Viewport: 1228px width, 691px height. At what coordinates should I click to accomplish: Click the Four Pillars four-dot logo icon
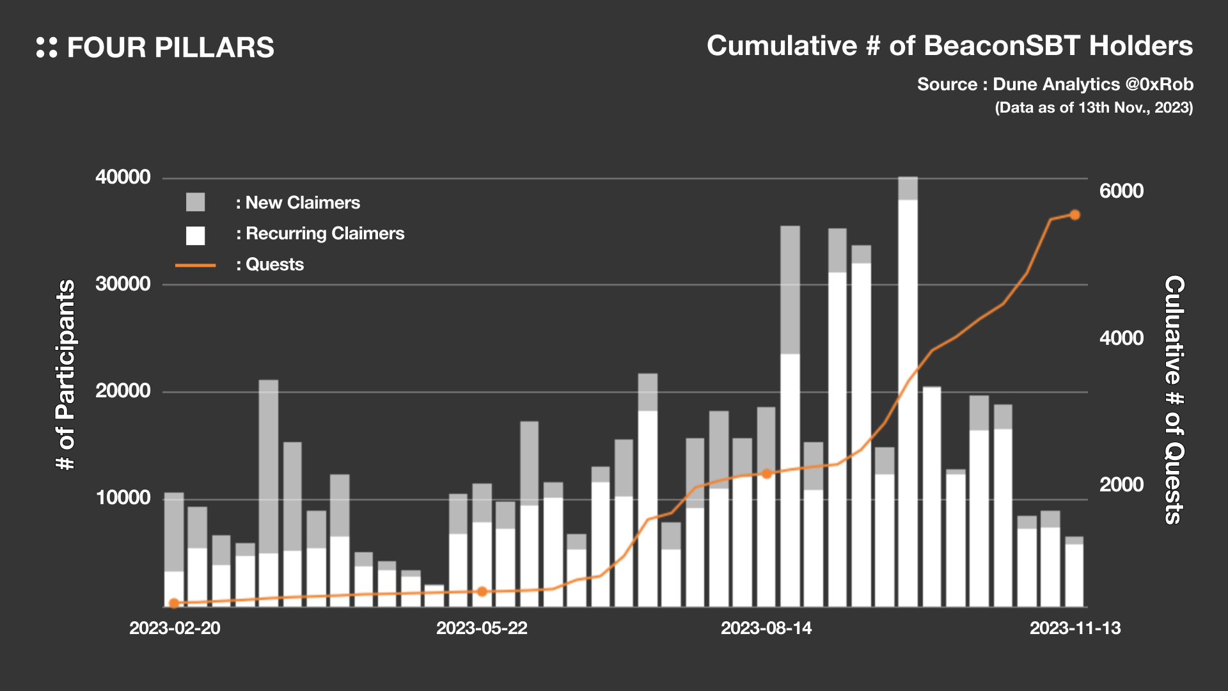[47, 47]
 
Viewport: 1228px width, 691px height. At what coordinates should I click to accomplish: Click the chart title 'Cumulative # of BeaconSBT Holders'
[949, 46]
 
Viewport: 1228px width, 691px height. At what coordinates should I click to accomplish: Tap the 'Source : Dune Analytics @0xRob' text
[1055, 84]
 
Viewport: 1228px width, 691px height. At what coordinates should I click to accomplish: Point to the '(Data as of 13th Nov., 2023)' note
[1094, 107]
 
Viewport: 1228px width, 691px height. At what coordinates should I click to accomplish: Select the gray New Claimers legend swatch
[195, 202]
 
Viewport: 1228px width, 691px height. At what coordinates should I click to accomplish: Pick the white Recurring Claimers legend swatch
[195, 235]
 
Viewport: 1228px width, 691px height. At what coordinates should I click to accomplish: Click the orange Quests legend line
[195, 265]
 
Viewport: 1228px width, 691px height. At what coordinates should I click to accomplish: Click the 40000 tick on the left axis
[123, 177]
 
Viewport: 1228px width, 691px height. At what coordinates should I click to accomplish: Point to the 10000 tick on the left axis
[123, 498]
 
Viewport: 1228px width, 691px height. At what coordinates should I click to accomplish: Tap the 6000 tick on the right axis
[1121, 191]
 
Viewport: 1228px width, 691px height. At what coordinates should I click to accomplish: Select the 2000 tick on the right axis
[1121, 485]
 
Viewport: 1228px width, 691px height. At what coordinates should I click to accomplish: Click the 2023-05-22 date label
[482, 628]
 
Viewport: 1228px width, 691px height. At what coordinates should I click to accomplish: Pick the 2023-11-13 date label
[1074, 628]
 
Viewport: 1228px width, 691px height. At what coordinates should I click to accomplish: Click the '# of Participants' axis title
[66, 375]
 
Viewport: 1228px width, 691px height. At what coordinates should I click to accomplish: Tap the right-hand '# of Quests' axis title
[1174, 400]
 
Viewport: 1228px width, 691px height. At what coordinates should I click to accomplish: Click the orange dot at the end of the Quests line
[1074, 215]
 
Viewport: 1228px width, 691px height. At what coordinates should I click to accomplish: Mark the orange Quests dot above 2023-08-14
[766, 473]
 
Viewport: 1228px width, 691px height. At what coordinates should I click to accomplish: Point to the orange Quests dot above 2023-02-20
[174, 603]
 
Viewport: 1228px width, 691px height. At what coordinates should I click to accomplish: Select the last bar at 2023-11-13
[1074, 573]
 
